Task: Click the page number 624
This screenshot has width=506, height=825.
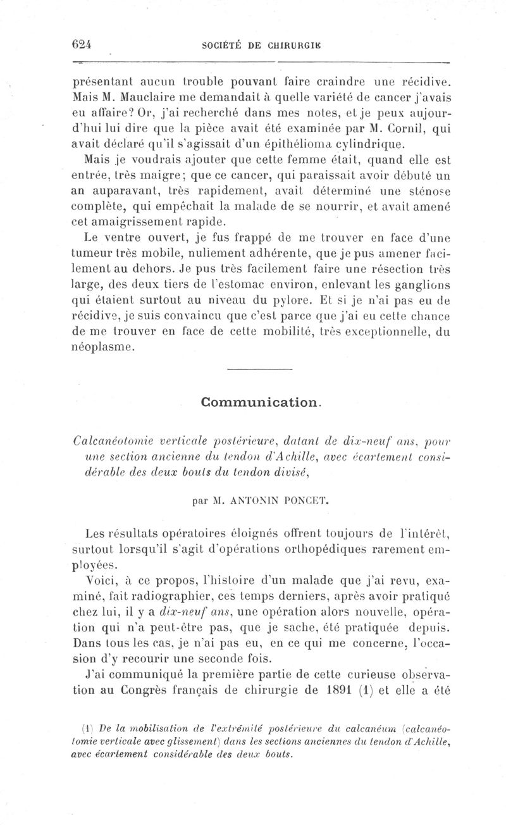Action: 82,45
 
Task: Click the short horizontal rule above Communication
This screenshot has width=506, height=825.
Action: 259,369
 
